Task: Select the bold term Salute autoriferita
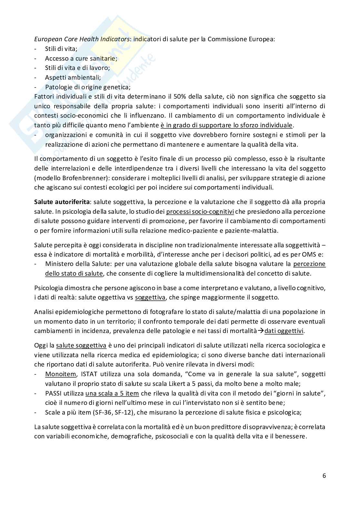coord(62,202)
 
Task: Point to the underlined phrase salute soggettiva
coord(81,346)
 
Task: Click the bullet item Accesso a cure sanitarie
coord(81,58)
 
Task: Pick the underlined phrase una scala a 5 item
coord(112,394)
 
